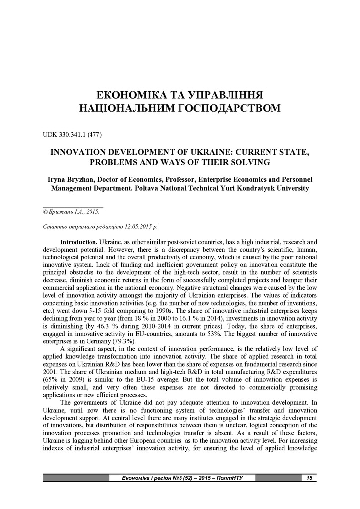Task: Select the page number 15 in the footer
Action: pyautogui.click(x=309, y=478)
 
